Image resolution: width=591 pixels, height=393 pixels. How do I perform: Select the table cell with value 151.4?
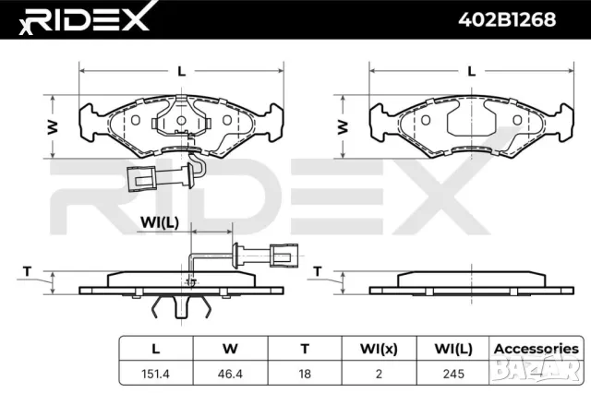coord(156,374)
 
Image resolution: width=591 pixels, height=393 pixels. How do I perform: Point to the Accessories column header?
coord(535,349)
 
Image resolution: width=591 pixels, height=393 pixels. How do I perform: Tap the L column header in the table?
coord(156,349)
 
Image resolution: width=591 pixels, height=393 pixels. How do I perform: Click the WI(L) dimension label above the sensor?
coord(158,222)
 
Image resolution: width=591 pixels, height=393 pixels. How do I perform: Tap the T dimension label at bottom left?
coord(27,271)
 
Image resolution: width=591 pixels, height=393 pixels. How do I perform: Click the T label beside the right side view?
coord(317,271)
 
